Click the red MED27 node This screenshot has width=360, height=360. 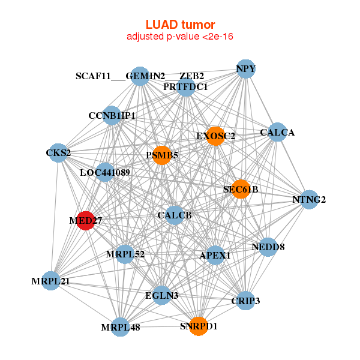85,221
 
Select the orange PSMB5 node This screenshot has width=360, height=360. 162,155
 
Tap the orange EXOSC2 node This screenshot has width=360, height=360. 215,136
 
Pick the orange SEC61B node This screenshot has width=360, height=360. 241,189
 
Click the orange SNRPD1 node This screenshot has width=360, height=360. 199,326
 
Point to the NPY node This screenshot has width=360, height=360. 245,69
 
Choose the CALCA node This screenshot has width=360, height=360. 277,132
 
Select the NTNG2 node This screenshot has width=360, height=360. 309,200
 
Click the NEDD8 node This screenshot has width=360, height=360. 268,247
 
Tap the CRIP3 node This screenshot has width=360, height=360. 245,301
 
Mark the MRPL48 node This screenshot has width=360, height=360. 121,327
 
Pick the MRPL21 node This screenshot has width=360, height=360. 50,281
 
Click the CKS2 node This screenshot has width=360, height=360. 58,153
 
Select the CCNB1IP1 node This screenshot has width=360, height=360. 112,115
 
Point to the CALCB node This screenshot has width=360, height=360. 175,215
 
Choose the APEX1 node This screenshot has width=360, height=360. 215,256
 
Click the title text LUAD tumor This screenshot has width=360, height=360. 180,25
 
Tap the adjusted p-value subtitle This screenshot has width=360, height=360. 180,37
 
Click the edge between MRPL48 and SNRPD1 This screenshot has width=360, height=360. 160,327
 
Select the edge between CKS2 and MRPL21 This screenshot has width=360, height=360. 55,217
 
